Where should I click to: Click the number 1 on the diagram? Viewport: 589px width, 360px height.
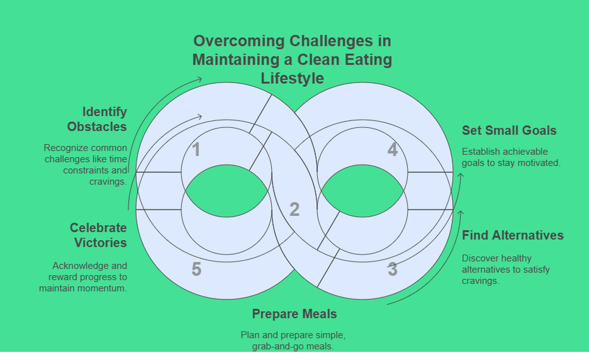196,150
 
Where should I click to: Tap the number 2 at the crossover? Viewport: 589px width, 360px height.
294,210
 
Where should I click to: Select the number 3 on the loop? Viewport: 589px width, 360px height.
392,269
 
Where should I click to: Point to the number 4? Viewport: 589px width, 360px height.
392,150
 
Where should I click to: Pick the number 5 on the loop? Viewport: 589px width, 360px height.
196,269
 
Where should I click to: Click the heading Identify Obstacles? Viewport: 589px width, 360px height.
97,119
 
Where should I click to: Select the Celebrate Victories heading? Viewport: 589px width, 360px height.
98,235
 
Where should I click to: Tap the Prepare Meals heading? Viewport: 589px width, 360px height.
294,313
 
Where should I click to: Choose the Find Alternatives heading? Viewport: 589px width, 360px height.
513,235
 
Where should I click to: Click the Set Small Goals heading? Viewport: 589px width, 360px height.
509,130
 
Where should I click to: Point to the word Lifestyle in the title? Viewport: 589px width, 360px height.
292,78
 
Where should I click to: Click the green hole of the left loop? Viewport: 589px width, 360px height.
226,191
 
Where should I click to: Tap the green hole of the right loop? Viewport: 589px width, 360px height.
363,191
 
